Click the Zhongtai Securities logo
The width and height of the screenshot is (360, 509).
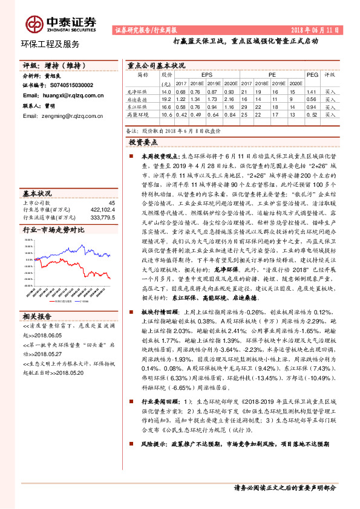[61, 22]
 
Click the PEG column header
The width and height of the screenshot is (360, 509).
[311, 75]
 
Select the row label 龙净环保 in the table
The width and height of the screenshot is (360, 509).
[137, 91]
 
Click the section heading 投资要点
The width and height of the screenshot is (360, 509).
[143, 142]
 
